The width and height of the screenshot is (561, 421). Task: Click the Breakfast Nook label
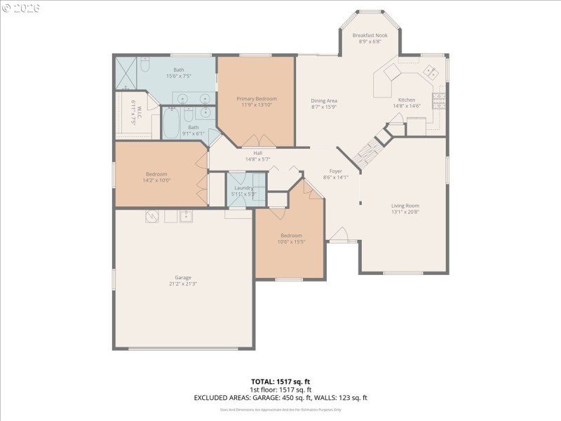(x=369, y=34)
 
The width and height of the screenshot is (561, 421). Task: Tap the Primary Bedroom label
(x=256, y=99)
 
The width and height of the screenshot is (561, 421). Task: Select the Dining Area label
(x=324, y=101)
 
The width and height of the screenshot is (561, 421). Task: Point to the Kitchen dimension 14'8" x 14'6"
(x=406, y=107)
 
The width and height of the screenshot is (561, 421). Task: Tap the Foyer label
(x=336, y=171)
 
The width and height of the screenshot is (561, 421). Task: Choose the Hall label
(x=257, y=153)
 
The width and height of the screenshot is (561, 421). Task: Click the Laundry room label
(x=243, y=188)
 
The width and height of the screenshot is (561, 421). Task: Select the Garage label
(x=183, y=277)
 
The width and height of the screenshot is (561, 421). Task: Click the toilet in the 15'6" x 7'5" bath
(x=144, y=65)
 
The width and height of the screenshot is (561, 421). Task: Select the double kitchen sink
(x=431, y=72)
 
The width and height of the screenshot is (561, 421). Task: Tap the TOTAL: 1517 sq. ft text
(x=281, y=382)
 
